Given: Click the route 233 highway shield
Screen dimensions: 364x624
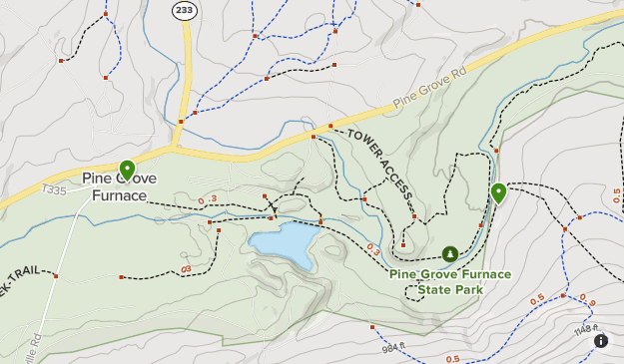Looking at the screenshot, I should (x=184, y=11).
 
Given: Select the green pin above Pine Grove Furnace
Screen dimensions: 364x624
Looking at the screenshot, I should (x=127, y=170).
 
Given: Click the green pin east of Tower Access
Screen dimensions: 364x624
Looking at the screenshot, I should (x=497, y=193).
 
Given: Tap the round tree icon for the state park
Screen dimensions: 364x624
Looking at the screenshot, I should (x=450, y=254).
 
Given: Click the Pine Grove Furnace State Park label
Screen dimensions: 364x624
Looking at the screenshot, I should (x=450, y=281).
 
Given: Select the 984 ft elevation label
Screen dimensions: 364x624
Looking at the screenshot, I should (x=391, y=347).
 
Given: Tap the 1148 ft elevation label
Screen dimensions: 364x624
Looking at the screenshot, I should (x=587, y=329).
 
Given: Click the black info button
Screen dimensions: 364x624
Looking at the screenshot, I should (x=601, y=341).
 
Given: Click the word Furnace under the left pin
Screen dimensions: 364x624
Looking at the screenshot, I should (x=119, y=195).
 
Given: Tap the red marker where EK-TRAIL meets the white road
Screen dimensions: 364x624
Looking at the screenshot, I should (x=57, y=275).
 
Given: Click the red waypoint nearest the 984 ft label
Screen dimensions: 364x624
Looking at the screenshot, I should (x=371, y=325).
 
